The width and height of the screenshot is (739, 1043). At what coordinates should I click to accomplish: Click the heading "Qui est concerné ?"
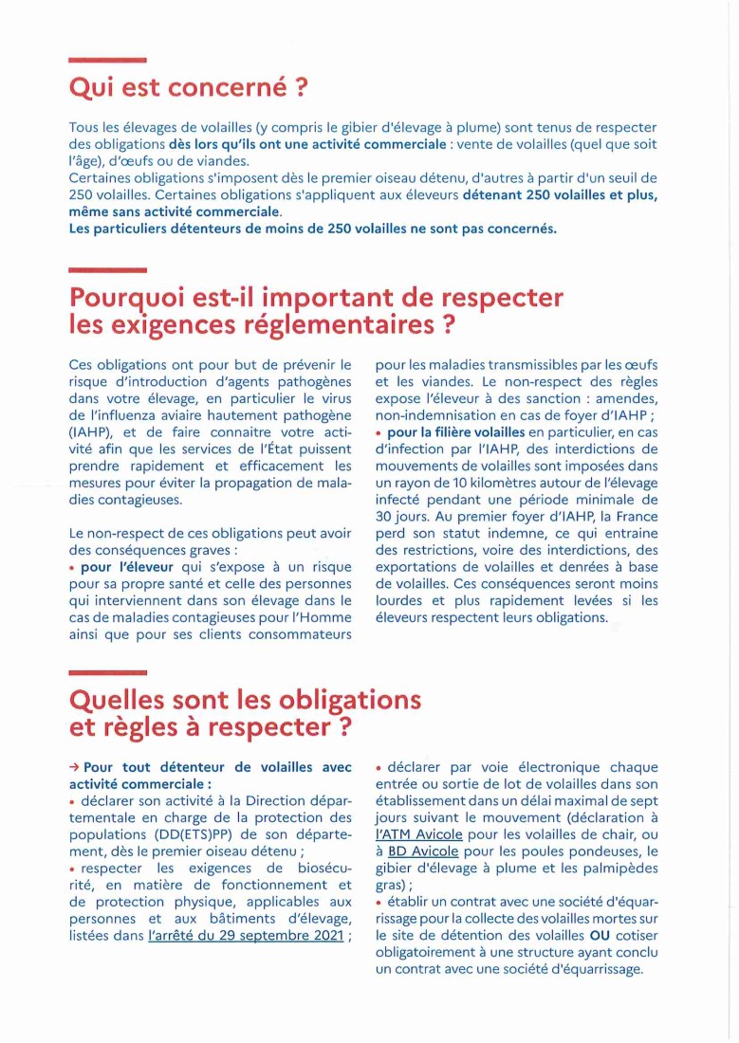pos(189,88)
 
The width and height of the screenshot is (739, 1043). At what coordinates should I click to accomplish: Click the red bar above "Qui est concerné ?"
pos(107,60)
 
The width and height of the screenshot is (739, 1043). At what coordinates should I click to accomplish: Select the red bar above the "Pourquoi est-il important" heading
pos(107,269)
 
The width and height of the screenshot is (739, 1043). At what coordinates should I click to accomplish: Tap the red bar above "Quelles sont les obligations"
pos(107,672)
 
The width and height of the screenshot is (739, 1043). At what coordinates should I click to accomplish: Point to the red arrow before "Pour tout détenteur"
pos(74,767)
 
